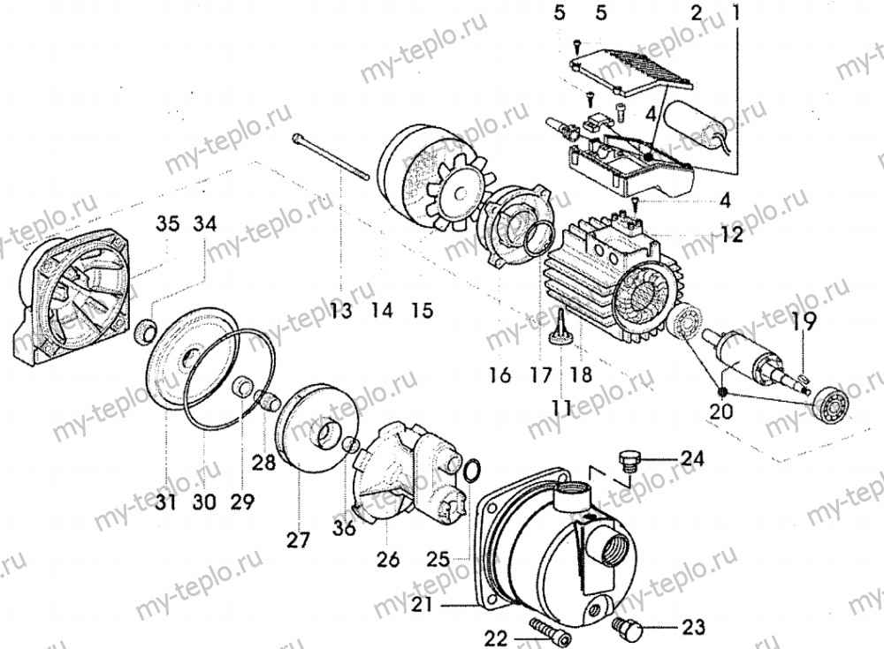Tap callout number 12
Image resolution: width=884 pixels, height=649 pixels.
point(730,236)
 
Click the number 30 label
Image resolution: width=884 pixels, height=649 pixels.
point(203,503)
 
